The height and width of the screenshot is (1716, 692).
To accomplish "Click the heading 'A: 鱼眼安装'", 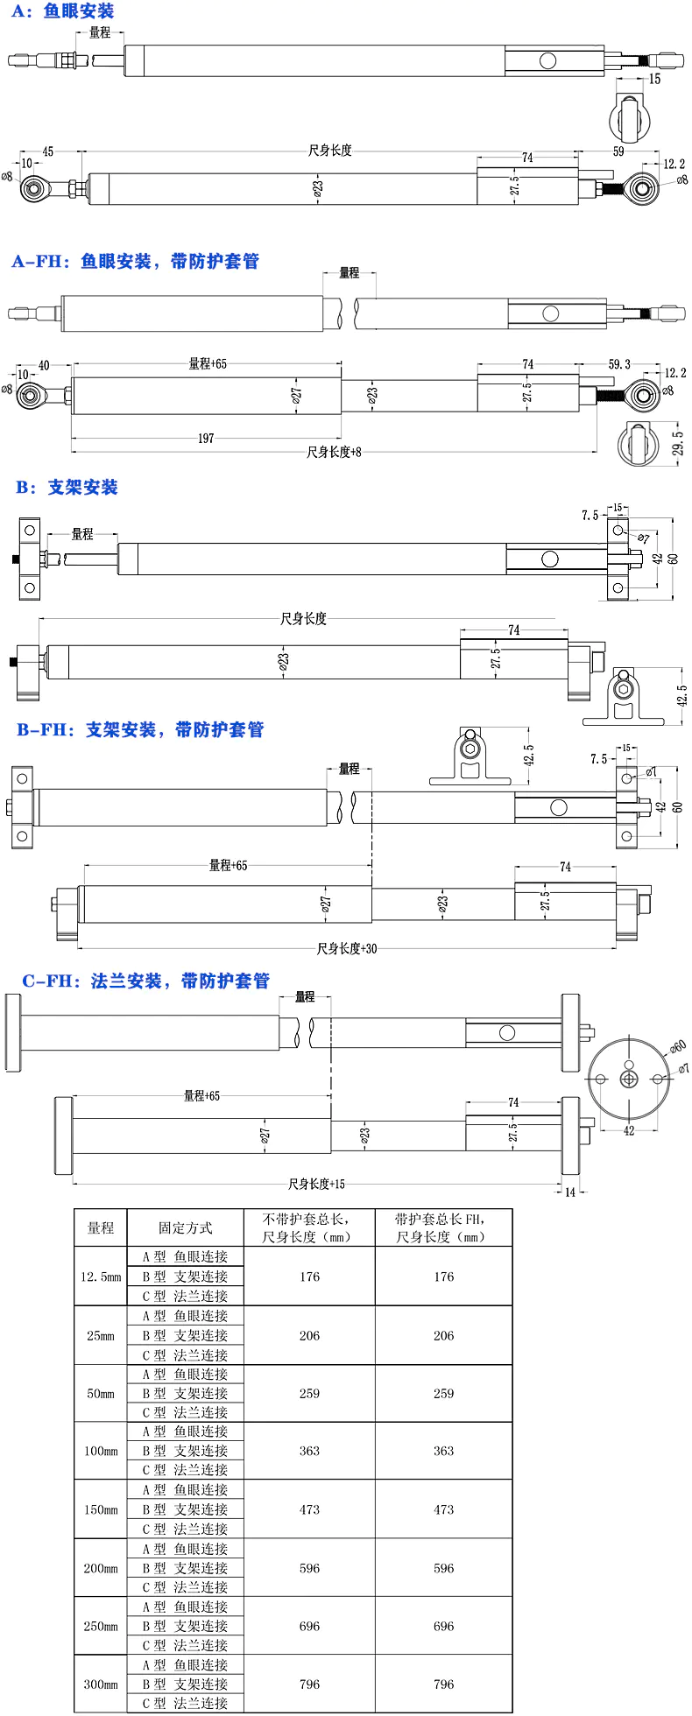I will [62, 11].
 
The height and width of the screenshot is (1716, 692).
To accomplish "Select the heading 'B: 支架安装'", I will [67, 487].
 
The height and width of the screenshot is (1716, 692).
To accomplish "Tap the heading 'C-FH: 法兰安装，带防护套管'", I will [146, 981].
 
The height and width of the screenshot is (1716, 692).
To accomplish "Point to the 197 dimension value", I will [205, 438].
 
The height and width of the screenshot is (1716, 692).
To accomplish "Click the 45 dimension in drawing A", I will [48, 151].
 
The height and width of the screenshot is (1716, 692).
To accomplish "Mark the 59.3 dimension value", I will [619, 364].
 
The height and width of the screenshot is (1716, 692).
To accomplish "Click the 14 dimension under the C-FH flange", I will [570, 1192].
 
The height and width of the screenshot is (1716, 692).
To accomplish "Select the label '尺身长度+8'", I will [334, 452].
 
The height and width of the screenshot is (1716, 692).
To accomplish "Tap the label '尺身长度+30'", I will [347, 948].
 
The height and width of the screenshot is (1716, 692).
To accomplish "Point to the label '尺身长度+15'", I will [316, 1184].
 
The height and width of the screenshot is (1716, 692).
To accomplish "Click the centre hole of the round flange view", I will [629, 1079].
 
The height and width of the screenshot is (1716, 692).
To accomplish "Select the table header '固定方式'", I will [185, 1227].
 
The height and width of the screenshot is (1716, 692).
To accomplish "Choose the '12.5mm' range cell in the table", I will [101, 1276].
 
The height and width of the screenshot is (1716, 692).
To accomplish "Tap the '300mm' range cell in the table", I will [101, 1684].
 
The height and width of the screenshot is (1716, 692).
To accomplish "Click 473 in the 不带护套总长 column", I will [309, 1509].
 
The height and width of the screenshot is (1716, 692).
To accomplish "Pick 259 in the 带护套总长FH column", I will [443, 1393].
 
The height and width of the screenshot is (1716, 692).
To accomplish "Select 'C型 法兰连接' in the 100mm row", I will [186, 1470].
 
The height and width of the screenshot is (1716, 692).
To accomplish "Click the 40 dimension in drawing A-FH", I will [44, 365].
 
